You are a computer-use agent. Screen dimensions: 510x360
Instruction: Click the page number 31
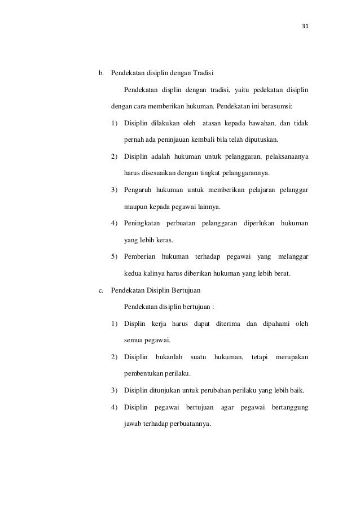(x=306, y=27)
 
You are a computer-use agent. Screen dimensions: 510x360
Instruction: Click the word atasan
(x=214, y=122)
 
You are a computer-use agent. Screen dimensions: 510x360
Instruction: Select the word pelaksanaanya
(x=285, y=155)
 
